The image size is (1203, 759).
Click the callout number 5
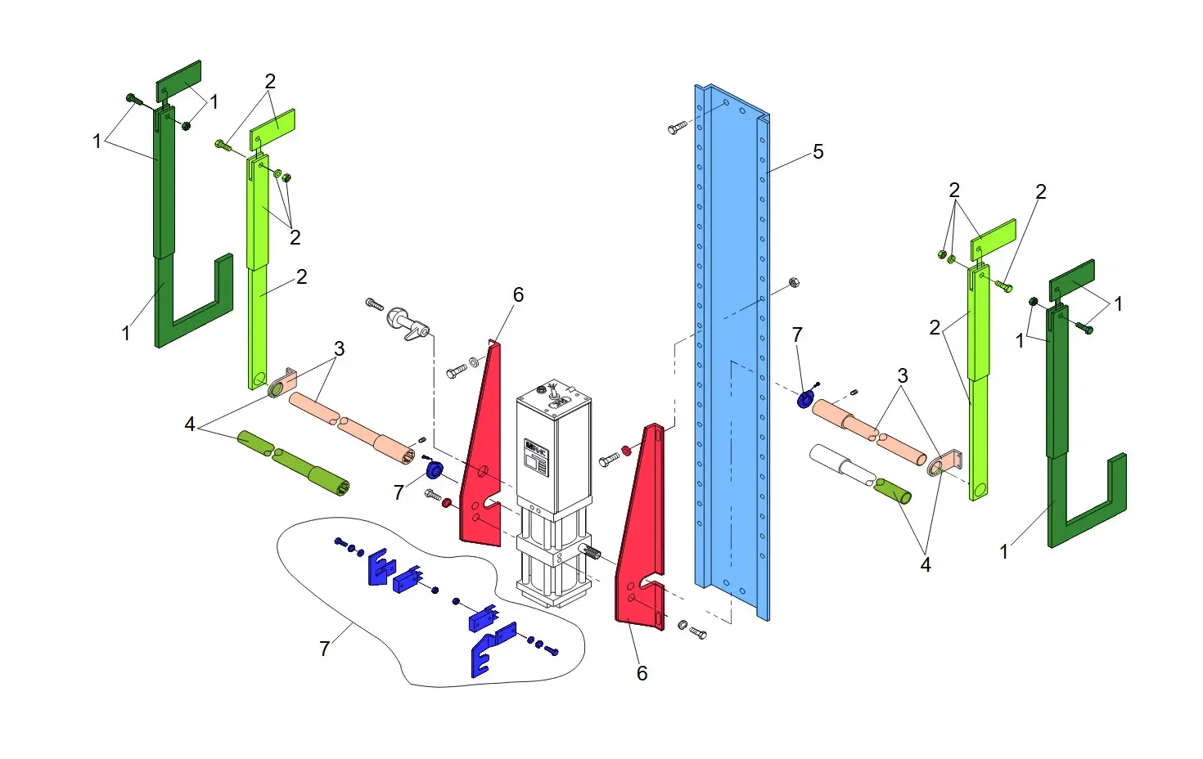tap(818, 152)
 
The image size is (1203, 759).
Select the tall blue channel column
tap(732, 352)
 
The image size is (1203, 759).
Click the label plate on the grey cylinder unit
tap(536, 456)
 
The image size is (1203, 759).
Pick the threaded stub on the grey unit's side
tap(590, 554)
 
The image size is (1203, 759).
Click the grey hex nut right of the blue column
tap(794, 282)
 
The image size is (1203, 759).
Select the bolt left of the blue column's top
tap(677, 128)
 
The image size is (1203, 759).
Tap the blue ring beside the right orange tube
tap(804, 400)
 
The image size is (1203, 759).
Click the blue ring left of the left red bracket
tap(434, 470)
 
